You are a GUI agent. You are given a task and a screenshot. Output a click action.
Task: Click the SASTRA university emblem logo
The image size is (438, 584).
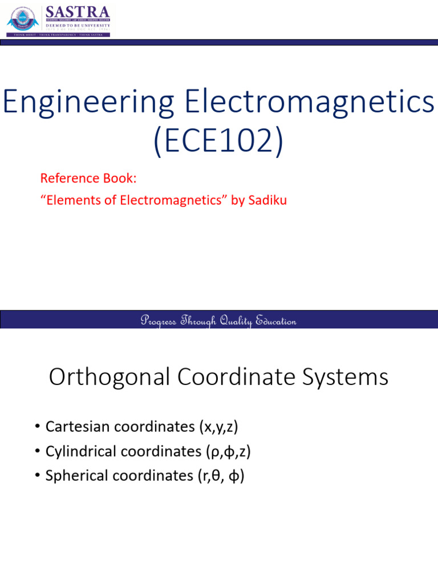tap(23, 20)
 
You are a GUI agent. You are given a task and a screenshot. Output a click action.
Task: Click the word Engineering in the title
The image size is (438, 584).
tap(89, 103)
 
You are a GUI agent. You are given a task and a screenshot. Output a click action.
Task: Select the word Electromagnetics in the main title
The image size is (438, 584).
tap(309, 103)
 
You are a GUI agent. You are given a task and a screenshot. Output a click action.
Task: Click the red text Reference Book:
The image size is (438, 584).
tap(88, 179)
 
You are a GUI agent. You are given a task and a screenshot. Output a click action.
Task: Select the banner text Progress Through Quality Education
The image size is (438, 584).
tap(218, 321)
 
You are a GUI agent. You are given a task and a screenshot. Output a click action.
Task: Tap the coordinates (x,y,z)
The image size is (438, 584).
tap(217, 426)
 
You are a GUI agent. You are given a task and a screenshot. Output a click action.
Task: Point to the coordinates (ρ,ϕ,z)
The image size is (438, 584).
tap(228, 451)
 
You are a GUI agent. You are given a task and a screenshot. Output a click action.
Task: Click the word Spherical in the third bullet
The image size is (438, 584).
tap(72, 476)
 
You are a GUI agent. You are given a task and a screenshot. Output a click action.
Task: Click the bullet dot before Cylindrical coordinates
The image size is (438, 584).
tap(37, 452)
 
